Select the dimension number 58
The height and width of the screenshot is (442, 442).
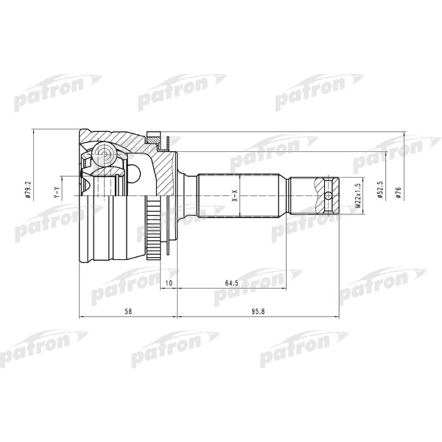[x=128, y=311]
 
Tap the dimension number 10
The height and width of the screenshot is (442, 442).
[x=168, y=282]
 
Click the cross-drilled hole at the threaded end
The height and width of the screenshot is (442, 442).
[x=329, y=194]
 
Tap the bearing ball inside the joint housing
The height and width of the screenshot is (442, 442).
[x=102, y=153]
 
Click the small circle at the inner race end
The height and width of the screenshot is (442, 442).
[x=134, y=172]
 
